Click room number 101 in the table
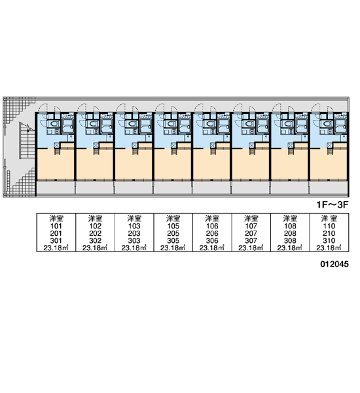click(x=56, y=226)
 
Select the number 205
click(x=173, y=233)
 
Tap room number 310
click(x=329, y=240)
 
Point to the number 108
click(x=290, y=226)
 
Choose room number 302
click(x=95, y=240)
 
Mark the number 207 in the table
click(x=251, y=233)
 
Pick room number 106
click(x=212, y=226)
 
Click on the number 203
click(x=134, y=233)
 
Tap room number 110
click(x=329, y=226)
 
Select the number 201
click(x=56, y=233)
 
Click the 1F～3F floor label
click(x=333, y=205)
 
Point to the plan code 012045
click(x=334, y=264)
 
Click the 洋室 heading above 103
click(x=134, y=219)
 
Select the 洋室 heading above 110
click(x=329, y=219)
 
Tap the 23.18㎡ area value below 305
click(x=173, y=248)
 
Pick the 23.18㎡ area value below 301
click(x=56, y=248)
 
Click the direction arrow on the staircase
click(x=27, y=126)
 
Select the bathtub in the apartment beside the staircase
click(x=68, y=125)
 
